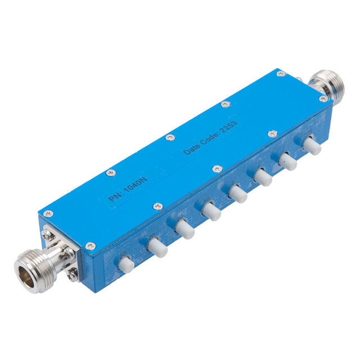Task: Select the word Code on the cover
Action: pos(213,137)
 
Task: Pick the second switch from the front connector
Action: pos(156,247)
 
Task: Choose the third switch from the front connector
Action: pos(183,229)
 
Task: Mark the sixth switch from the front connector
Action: pos(262,177)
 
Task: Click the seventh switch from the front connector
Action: pos(287,161)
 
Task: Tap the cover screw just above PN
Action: pos(110,173)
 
